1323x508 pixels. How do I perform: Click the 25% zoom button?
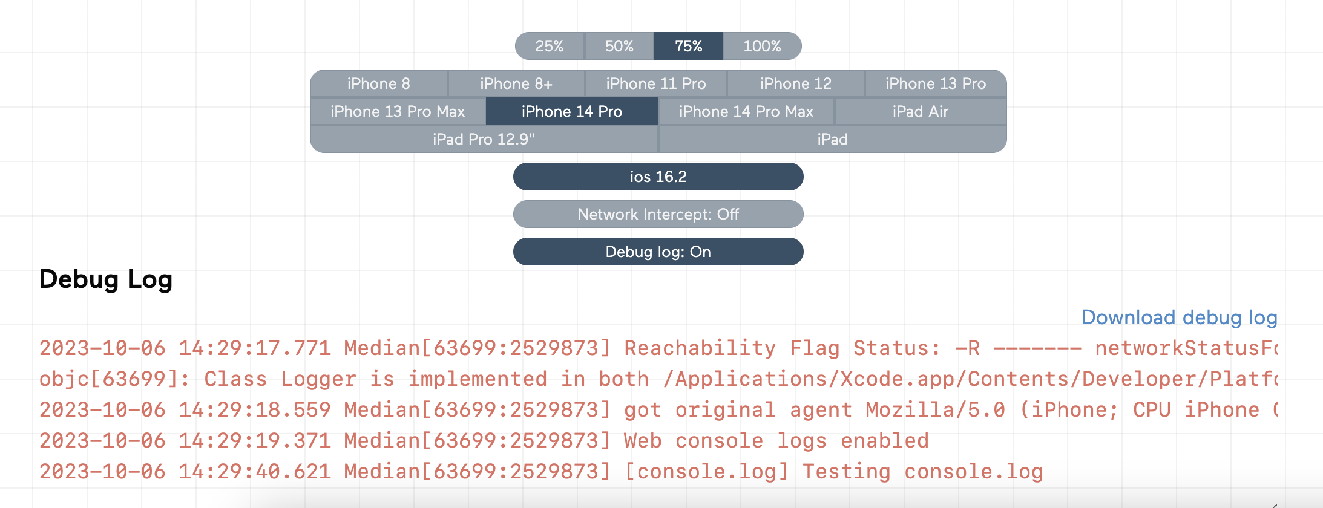pyautogui.click(x=550, y=46)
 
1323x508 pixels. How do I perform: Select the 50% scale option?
pyautogui.click(x=619, y=46)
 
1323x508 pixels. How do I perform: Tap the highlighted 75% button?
pyautogui.click(x=689, y=46)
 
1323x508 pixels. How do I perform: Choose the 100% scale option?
pyautogui.click(x=763, y=46)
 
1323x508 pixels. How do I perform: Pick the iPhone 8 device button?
pyautogui.click(x=379, y=83)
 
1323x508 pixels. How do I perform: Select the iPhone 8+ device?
pyautogui.click(x=516, y=83)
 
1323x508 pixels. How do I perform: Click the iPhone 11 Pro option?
pyautogui.click(x=656, y=83)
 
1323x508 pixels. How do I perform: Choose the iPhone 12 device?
pyautogui.click(x=796, y=83)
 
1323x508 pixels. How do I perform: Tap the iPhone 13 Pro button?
pyautogui.click(x=936, y=83)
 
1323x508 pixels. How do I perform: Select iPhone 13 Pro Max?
pyautogui.click(x=398, y=111)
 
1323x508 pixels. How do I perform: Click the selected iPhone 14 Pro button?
pyautogui.click(x=572, y=111)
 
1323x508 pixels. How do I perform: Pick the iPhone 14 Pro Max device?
pyautogui.click(x=746, y=111)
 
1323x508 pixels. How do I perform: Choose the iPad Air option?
pyautogui.click(x=921, y=111)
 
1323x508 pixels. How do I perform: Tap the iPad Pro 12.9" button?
pyautogui.click(x=484, y=139)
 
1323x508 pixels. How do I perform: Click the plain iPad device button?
pyautogui.click(x=833, y=139)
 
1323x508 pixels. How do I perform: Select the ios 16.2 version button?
pyautogui.click(x=658, y=177)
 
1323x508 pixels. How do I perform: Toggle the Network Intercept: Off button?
pyautogui.click(x=658, y=214)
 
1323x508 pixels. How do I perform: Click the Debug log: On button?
pyautogui.click(x=658, y=252)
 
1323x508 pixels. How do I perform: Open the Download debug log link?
pyautogui.click(x=1180, y=317)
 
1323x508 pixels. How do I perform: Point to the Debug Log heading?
pyautogui.click(x=106, y=279)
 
